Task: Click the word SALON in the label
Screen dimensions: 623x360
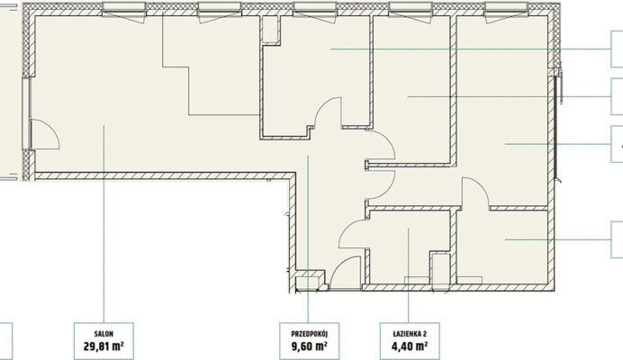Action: coord(104,334)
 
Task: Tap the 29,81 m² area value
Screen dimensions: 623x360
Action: coord(104,346)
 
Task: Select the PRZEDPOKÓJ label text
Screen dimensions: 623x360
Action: coord(309,334)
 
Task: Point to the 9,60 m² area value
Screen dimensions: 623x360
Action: coord(309,346)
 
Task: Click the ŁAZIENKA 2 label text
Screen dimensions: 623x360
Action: coord(410,334)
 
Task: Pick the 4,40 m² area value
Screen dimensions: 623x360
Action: coord(410,346)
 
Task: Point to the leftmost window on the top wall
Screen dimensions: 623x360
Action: coord(123,11)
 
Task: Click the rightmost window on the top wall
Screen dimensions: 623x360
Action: coord(506,11)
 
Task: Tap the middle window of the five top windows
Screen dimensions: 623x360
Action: coord(315,11)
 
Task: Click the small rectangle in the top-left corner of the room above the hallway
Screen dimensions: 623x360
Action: coord(269,29)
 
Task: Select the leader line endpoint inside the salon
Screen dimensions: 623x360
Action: coord(104,126)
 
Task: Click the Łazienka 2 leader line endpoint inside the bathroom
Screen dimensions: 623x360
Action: coord(409,229)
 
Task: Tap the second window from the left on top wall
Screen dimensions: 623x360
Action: coord(220,11)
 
